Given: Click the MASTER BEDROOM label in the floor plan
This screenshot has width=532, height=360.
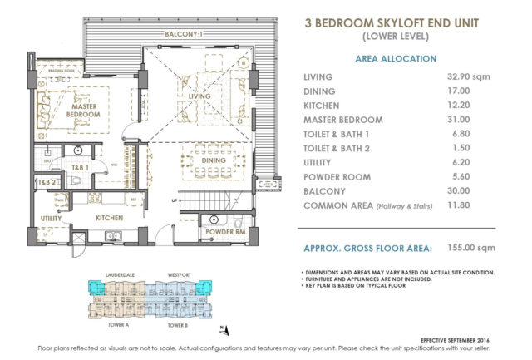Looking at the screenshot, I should (x=86, y=111).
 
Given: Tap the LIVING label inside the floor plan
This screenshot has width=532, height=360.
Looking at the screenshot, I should (x=199, y=97).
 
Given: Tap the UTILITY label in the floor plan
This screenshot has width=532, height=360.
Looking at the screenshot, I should (x=52, y=218).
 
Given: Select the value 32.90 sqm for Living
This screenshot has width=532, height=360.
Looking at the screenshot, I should (x=470, y=76).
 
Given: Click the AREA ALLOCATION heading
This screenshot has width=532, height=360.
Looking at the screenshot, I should (x=395, y=59).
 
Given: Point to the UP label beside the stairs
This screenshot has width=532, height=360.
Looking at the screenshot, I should (x=173, y=200).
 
